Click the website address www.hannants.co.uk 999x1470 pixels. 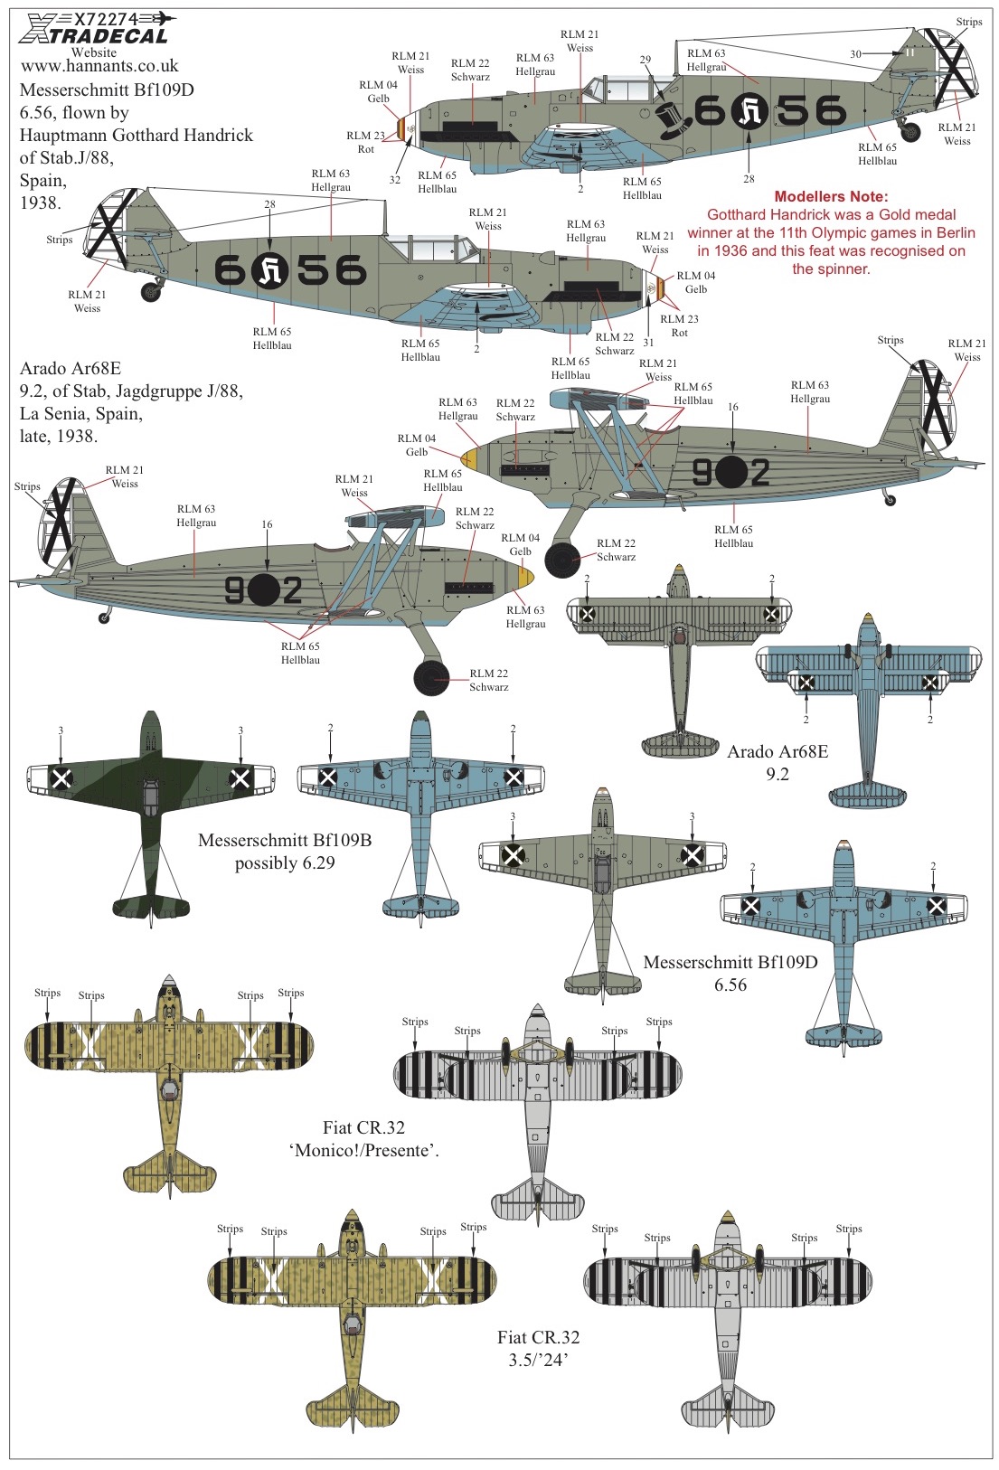tap(99, 66)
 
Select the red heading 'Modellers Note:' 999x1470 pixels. tap(831, 196)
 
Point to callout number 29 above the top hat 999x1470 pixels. tap(646, 60)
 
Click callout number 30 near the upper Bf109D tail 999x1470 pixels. tap(855, 54)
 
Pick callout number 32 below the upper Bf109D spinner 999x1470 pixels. tap(394, 179)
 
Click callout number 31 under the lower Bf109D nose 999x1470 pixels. tap(648, 342)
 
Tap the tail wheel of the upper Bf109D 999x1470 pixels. tap(909, 132)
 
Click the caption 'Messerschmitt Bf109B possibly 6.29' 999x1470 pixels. tap(285, 851)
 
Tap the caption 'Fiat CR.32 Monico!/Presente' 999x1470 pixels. tap(363, 1138)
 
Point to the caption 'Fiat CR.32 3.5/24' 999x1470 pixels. tap(538, 1348)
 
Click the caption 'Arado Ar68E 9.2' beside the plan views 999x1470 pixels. tap(778, 762)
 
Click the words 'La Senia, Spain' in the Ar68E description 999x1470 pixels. tap(80, 413)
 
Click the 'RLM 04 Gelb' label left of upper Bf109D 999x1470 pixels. tap(378, 92)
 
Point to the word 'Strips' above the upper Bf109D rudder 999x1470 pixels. tap(969, 22)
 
